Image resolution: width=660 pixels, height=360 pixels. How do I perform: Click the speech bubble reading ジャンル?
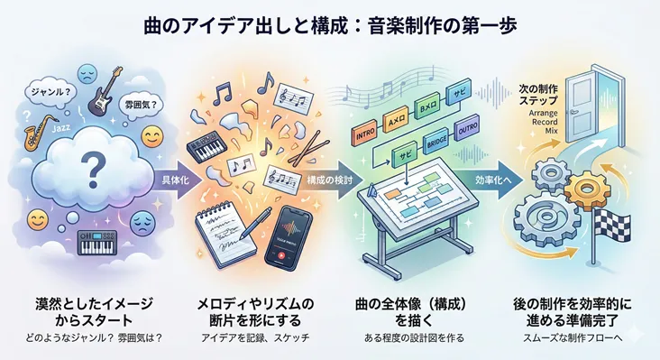(x=47, y=90)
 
